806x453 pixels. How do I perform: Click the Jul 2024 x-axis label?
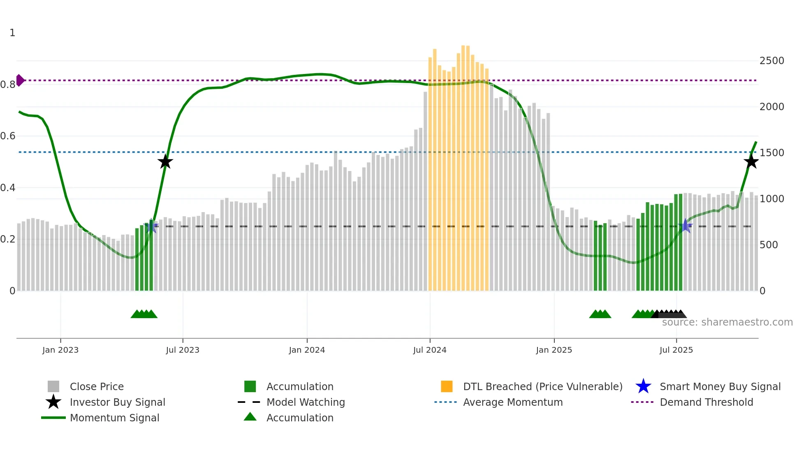tap(430, 350)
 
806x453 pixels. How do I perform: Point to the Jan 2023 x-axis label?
tap(60, 350)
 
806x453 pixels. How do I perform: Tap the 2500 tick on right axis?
tap(772, 61)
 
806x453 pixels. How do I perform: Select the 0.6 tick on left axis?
tap(8, 136)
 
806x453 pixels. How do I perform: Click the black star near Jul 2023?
tap(165, 162)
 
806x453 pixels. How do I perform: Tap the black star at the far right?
tap(751, 162)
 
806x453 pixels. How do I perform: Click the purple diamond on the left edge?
tap(20, 80)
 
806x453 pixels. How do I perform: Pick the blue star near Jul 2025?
tap(686, 226)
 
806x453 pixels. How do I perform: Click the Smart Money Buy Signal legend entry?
tap(720, 386)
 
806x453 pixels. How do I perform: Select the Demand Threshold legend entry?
tap(706, 402)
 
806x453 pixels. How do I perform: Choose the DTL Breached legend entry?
tap(542, 386)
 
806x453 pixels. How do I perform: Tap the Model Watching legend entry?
tap(305, 402)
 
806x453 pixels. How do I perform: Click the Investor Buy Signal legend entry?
tap(117, 402)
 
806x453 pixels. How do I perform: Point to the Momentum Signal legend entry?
tap(114, 418)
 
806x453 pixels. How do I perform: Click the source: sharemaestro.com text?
tap(727, 322)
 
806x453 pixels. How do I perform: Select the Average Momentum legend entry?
tap(512, 402)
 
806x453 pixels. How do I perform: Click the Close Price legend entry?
tap(97, 386)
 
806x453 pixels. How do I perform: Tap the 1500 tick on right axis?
tap(772, 153)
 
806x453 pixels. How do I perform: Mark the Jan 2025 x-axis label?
tap(554, 350)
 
